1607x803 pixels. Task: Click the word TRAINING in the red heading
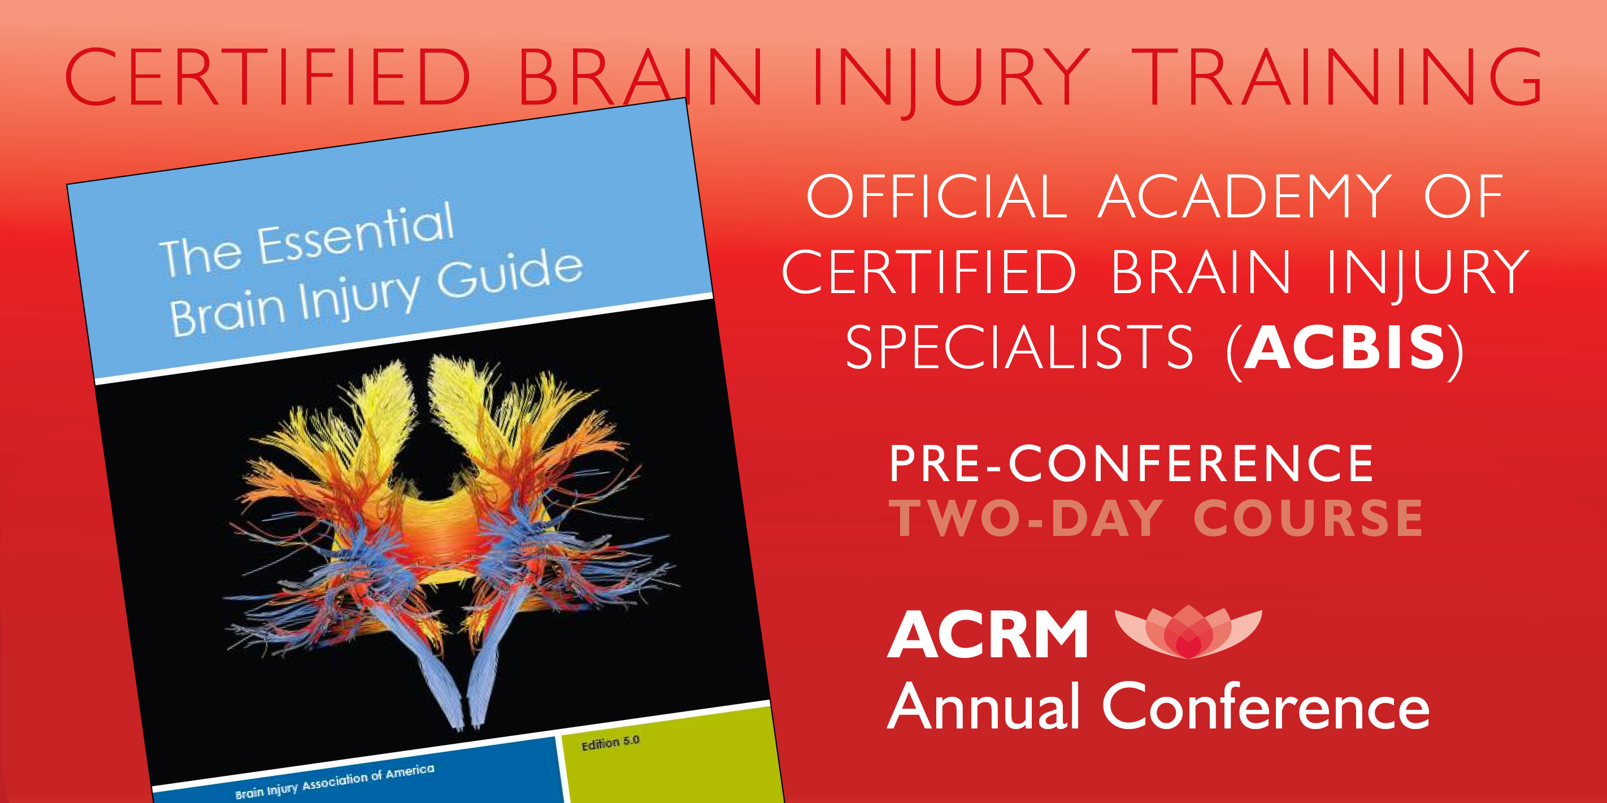(x=1336, y=76)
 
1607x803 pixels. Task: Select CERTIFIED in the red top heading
(x=268, y=76)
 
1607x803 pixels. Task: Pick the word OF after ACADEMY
(x=1463, y=197)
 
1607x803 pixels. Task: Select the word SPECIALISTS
(x=1019, y=347)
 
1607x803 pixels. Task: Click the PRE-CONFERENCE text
(x=1131, y=463)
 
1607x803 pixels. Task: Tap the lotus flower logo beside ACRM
(x=1188, y=631)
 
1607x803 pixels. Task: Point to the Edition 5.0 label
(x=611, y=743)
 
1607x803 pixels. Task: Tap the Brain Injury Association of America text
(x=335, y=781)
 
